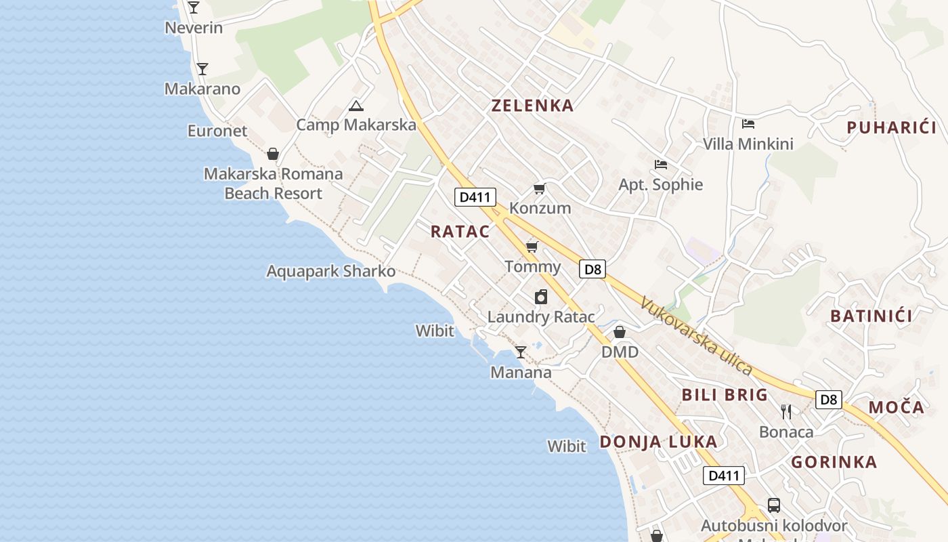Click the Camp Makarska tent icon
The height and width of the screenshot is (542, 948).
click(x=356, y=106)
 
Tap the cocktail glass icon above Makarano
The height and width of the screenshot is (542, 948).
click(x=202, y=69)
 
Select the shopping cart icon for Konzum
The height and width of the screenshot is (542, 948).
click(x=539, y=188)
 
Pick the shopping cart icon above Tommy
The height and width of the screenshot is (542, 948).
click(x=532, y=247)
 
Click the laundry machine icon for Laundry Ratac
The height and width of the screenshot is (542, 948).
click(x=540, y=297)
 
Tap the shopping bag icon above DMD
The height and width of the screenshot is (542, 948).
click(x=619, y=332)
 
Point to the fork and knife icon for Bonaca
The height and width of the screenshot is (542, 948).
click(x=786, y=411)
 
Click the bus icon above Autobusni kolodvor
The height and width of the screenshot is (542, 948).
click(x=773, y=505)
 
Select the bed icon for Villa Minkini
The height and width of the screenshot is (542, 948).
click(x=748, y=124)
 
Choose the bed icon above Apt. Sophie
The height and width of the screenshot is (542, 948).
click(x=661, y=165)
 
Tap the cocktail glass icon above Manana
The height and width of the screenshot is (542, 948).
click(x=520, y=352)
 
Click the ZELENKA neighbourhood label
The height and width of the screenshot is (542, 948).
click(x=533, y=106)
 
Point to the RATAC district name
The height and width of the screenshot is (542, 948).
click(x=460, y=232)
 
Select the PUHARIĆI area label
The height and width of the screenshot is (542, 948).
click(x=891, y=127)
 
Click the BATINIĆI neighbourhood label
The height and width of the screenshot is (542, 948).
click(x=871, y=316)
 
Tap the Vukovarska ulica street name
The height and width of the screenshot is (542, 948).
click(x=697, y=337)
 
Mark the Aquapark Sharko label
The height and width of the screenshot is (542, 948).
click(x=331, y=272)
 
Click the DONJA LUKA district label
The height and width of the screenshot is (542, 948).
click(x=658, y=442)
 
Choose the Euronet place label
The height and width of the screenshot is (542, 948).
click(x=217, y=131)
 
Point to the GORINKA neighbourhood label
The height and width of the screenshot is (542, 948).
click(x=834, y=463)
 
